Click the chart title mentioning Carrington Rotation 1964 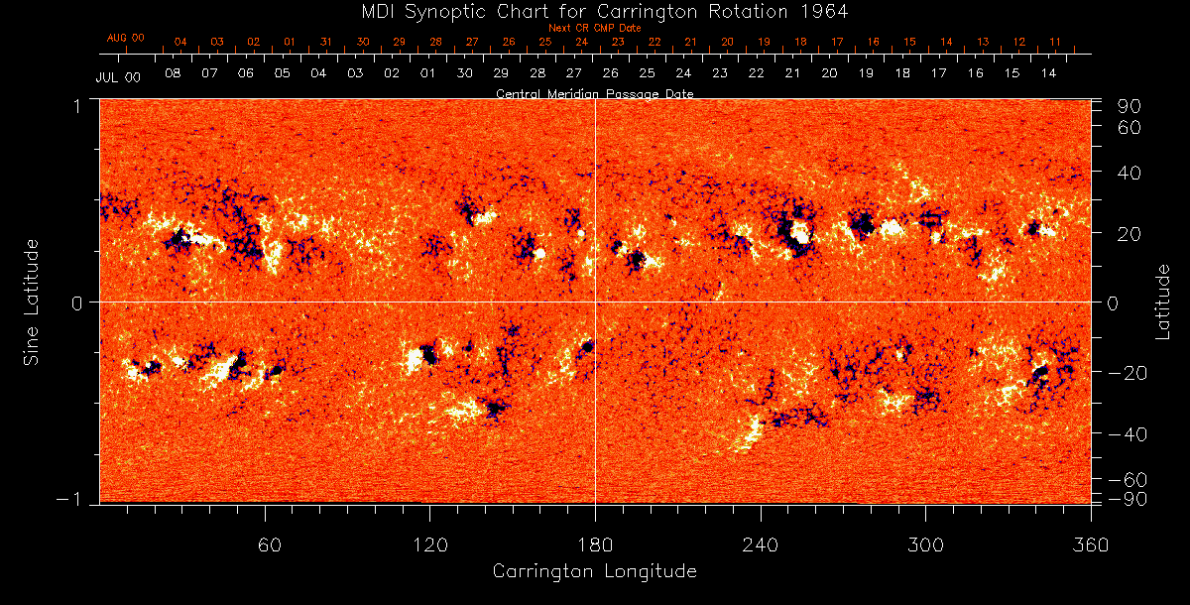point(594,11)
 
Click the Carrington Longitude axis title point(594,571)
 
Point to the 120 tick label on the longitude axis point(430,544)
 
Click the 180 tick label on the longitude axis point(595,544)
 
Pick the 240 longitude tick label point(760,544)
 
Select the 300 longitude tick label point(925,544)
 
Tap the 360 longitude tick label point(1090,544)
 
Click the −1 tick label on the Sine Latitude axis point(73,500)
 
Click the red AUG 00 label point(126,38)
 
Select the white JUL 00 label point(117,77)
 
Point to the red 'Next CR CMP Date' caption point(594,28)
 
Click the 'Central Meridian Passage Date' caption point(594,93)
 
